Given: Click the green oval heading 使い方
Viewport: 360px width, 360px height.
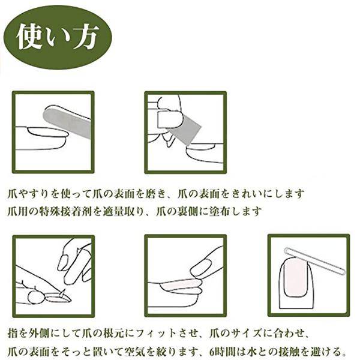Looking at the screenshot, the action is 58,37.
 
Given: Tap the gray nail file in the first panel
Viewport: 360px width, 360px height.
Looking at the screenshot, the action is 67,121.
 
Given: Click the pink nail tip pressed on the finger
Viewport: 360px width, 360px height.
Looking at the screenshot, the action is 181,286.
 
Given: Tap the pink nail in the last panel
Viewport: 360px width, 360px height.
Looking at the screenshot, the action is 295,277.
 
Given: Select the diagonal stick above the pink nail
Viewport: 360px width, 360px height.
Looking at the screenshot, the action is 315,260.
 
